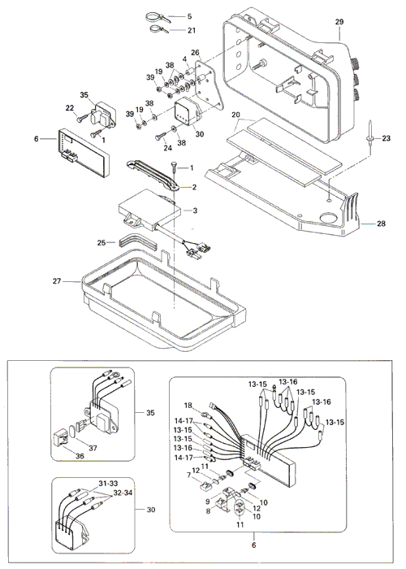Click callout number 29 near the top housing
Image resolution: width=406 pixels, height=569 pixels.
coord(339,22)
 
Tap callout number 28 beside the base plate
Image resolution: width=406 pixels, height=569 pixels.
coord(381,224)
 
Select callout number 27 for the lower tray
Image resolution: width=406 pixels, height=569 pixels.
coord(57,281)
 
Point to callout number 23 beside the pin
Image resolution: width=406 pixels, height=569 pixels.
coord(386,138)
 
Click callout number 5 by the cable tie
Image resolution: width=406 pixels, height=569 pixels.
coord(190,16)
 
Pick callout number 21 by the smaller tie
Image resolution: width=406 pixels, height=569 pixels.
coord(192,30)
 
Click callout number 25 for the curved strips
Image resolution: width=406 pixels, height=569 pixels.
coord(101,242)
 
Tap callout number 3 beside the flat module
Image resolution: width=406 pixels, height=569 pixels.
coord(195,211)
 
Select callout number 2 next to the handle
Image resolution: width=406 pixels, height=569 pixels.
coord(194,187)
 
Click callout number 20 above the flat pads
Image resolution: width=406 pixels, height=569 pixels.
coord(236,115)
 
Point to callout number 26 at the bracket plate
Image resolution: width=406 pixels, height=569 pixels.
coord(196,53)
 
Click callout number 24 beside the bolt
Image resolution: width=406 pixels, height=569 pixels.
coord(167,148)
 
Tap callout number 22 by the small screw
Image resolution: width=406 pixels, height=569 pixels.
coord(70,108)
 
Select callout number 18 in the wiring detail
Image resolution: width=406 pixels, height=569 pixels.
coord(188,406)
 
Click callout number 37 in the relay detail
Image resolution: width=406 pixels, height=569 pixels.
coord(93,448)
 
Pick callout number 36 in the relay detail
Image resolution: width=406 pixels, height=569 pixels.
coord(80,456)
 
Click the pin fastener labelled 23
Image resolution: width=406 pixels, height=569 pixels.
coord(370,133)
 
